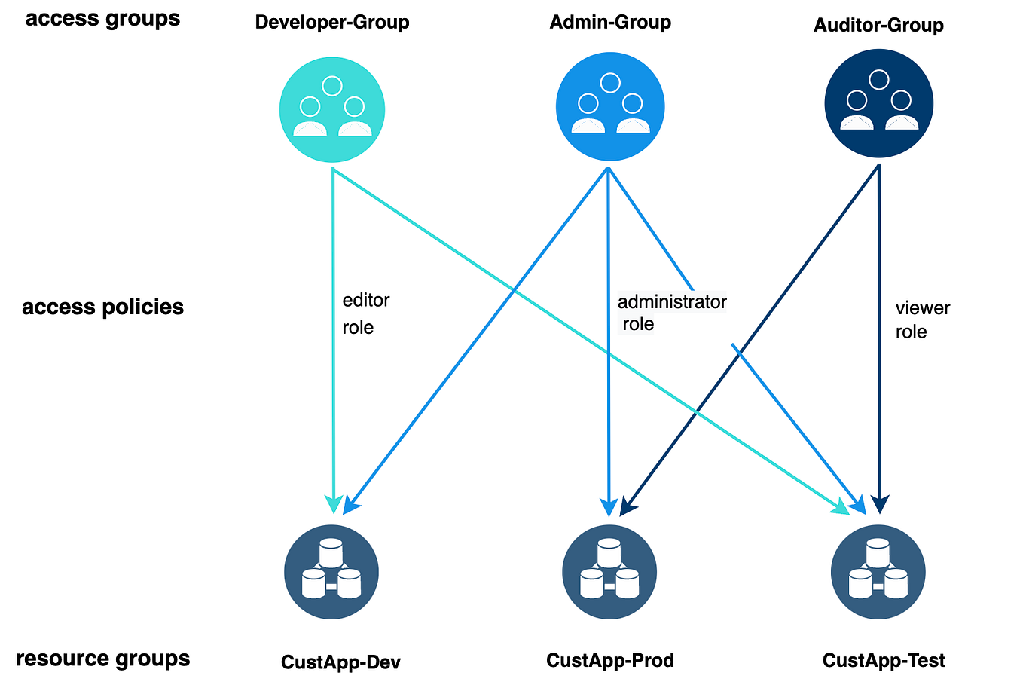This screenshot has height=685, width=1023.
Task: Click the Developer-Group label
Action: [331, 22]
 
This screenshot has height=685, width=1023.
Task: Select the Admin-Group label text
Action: [609, 22]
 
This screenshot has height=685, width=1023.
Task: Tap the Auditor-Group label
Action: [878, 25]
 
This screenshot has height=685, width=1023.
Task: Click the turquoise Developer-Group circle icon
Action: [332, 109]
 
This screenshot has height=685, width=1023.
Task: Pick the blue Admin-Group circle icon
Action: [610, 106]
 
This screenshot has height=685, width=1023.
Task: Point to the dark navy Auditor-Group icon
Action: [878, 103]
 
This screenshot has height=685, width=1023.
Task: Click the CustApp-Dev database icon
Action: [331, 572]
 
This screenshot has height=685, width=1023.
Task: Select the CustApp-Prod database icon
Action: [609, 572]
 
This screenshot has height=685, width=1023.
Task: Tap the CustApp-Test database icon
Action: [878, 572]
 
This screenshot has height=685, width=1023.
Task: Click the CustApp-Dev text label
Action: [340, 662]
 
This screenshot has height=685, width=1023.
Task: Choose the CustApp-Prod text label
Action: [609, 661]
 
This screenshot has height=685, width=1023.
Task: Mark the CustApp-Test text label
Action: [884, 661]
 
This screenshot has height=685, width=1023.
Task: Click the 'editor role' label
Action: [365, 313]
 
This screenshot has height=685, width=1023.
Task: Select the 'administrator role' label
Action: [671, 312]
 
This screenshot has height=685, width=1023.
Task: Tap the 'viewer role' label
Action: [922, 320]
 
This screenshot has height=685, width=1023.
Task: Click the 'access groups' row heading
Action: [102, 19]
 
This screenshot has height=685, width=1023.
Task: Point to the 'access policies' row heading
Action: [102, 307]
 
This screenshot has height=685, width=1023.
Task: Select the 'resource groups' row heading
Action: [102, 659]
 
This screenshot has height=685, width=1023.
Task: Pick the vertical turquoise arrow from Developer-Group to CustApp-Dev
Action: [333, 377]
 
